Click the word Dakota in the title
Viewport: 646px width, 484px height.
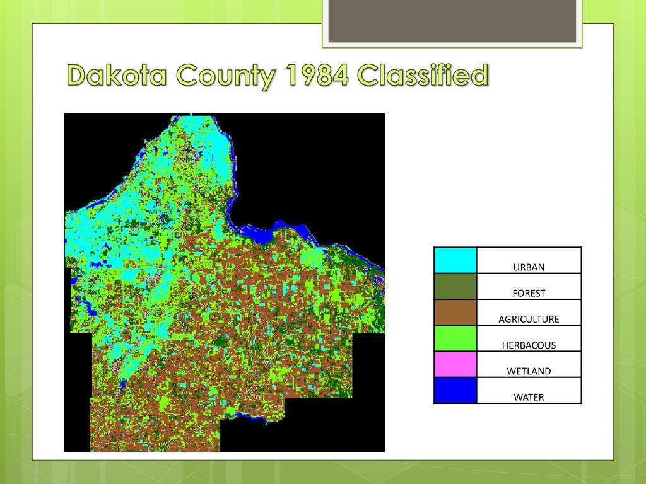[x=119, y=76]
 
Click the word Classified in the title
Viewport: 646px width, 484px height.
[x=422, y=76]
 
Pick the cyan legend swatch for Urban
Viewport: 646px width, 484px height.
[x=455, y=261]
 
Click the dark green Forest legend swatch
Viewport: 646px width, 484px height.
[x=455, y=287]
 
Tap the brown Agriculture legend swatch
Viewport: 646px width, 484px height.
[x=455, y=313]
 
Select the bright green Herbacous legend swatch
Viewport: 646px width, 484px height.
[x=455, y=338]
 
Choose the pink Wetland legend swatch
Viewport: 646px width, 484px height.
[x=455, y=364]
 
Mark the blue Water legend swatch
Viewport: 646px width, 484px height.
[x=455, y=390]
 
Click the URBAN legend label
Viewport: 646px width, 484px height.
[x=529, y=267]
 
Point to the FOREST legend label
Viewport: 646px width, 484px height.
[x=529, y=293]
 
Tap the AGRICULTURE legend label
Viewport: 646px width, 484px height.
[x=529, y=319]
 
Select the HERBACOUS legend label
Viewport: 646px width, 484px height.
[x=529, y=345]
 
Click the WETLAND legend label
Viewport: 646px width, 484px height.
[x=529, y=371]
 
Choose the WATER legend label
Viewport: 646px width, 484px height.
[x=529, y=397]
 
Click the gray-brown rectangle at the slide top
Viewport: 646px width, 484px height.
[x=452, y=21]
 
